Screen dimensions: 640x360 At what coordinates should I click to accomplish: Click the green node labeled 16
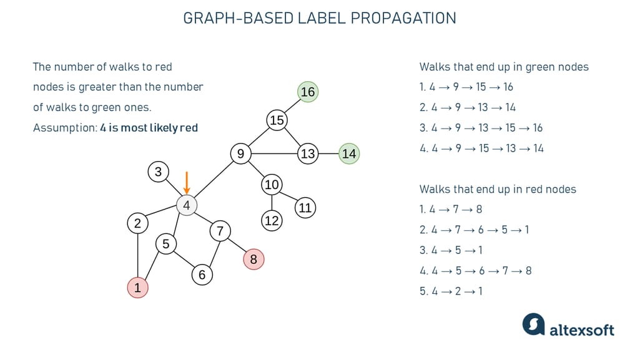tap(308, 92)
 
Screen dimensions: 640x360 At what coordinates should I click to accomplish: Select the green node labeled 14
tap(349, 153)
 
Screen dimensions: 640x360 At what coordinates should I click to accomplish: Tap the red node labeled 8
tap(254, 260)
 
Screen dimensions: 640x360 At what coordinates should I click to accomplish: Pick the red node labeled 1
tap(137, 288)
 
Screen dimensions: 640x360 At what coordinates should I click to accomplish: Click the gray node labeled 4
tap(187, 205)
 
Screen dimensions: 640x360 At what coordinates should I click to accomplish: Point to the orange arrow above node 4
tap(187, 183)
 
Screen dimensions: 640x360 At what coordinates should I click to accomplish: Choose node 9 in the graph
tap(240, 153)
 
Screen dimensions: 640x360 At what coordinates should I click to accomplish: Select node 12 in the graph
tap(272, 221)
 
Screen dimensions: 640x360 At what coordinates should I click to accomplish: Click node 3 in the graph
tap(159, 172)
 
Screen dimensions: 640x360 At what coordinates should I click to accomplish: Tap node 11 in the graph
tap(305, 208)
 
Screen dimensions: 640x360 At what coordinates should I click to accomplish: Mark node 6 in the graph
tap(202, 275)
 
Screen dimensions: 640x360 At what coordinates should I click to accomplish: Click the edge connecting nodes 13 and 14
tap(328, 153)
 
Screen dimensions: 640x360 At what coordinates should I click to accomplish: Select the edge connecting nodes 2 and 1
tap(137, 256)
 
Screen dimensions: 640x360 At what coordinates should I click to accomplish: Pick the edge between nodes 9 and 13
tap(274, 153)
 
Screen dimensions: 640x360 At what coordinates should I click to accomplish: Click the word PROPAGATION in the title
tap(403, 18)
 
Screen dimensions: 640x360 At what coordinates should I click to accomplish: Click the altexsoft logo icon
tap(533, 324)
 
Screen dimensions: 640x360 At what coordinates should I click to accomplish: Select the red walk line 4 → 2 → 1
tap(451, 291)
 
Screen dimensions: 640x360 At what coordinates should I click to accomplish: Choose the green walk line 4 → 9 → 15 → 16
tap(466, 87)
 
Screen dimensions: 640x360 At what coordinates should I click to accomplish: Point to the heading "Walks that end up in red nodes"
tap(498, 189)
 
